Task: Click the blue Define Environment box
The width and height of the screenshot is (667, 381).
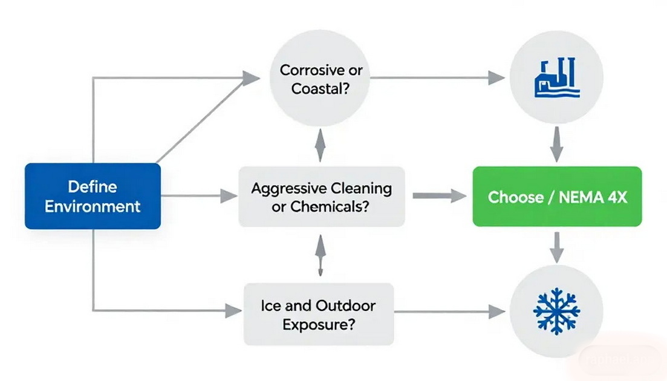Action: [x=93, y=196]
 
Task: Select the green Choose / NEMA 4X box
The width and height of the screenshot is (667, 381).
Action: [x=557, y=197]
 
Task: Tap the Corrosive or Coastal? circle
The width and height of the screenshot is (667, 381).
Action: [x=320, y=79]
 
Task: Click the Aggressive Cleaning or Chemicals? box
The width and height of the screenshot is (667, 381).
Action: [x=321, y=197]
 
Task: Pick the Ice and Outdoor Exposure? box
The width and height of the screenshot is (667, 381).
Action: [x=319, y=314]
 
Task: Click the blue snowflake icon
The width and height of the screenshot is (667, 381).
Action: [x=556, y=311]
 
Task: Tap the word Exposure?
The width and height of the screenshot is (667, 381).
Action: [x=318, y=324]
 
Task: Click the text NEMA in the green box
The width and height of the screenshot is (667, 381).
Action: [x=573, y=197]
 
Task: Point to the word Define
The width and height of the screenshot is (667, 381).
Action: [x=93, y=186]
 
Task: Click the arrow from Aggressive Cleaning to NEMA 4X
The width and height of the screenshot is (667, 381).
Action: [x=439, y=196]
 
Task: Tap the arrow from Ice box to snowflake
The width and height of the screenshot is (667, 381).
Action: [x=450, y=311]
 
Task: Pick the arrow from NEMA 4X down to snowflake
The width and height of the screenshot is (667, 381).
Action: [x=556, y=246]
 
